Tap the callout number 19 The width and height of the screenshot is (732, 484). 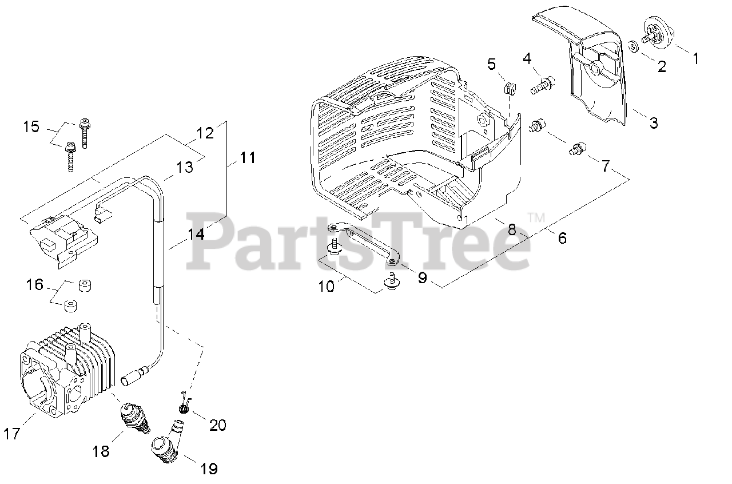click(209, 469)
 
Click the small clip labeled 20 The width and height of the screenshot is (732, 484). click(184, 407)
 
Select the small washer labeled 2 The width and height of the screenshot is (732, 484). click(634, 46)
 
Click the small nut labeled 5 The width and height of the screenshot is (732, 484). click(508, 88)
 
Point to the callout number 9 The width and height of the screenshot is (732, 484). click(422, 277)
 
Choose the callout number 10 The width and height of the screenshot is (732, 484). click(326, 285)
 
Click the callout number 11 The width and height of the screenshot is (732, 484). click(247, 157)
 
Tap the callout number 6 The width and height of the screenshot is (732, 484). click(562, 237)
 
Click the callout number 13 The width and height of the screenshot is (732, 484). click(185, 168)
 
